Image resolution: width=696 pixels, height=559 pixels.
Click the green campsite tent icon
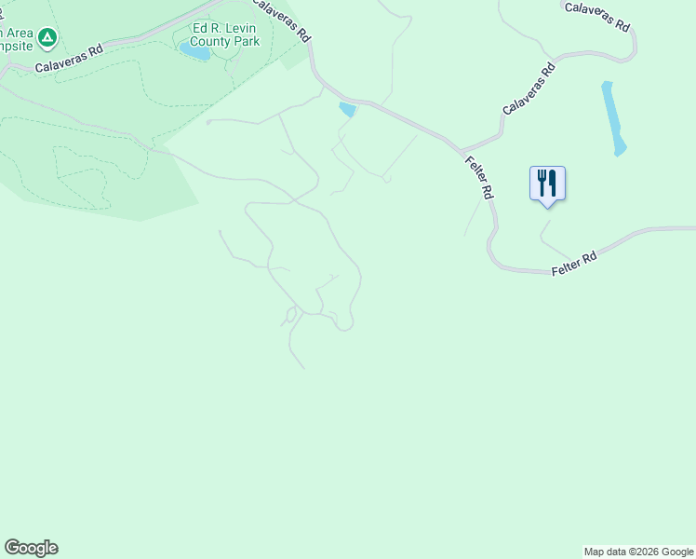pyautogui.click(x=47, y=38)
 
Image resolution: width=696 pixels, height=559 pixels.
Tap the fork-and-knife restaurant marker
pyautogui.click(x=547, y=183)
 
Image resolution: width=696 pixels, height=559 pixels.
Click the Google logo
pyautogui.click(x=31, y=548)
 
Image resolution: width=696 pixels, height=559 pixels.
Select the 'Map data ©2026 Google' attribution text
pyautogui.click(x=638, y=552)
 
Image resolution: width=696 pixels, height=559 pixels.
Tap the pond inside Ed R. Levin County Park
pyautogui.click(x=195, y=52)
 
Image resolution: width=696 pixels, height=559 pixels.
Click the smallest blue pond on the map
pyautogui.click(x=348, y=110)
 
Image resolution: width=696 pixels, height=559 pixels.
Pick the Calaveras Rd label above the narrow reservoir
pyautogui.click(x=596, y=16)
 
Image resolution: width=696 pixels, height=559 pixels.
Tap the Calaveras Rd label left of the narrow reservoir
pyautogui.click(x=529, y=89)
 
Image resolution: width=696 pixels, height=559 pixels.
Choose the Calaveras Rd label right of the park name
pyautogui.click(x=281, y=19)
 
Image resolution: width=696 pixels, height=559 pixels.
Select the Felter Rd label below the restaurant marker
pyautogui.click(x=573, y=260)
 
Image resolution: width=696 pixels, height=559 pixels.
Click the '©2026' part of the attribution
pyautogui.click(x=643, y=552)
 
